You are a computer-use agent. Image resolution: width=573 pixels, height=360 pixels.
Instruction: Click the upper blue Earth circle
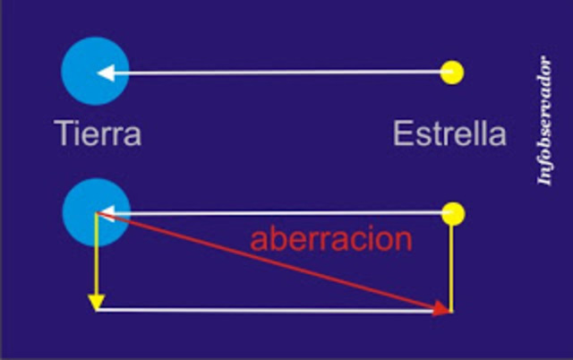coord(94,73)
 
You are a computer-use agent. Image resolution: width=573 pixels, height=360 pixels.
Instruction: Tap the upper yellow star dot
coord(453,73)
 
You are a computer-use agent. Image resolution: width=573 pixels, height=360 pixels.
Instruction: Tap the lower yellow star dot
coord(454,213)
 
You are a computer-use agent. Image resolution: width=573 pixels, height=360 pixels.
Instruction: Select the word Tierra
coord(98,135)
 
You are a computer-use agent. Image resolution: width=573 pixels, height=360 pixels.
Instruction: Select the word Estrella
coord(449,135)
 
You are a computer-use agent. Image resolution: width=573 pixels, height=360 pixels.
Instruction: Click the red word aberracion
coord(331,239)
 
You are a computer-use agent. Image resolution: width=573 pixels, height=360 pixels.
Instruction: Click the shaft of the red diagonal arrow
coord(269,261)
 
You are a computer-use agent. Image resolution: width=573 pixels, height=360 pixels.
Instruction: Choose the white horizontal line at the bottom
coord(269,310)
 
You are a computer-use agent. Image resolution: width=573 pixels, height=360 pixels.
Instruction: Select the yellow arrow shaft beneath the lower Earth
coord(97,260)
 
